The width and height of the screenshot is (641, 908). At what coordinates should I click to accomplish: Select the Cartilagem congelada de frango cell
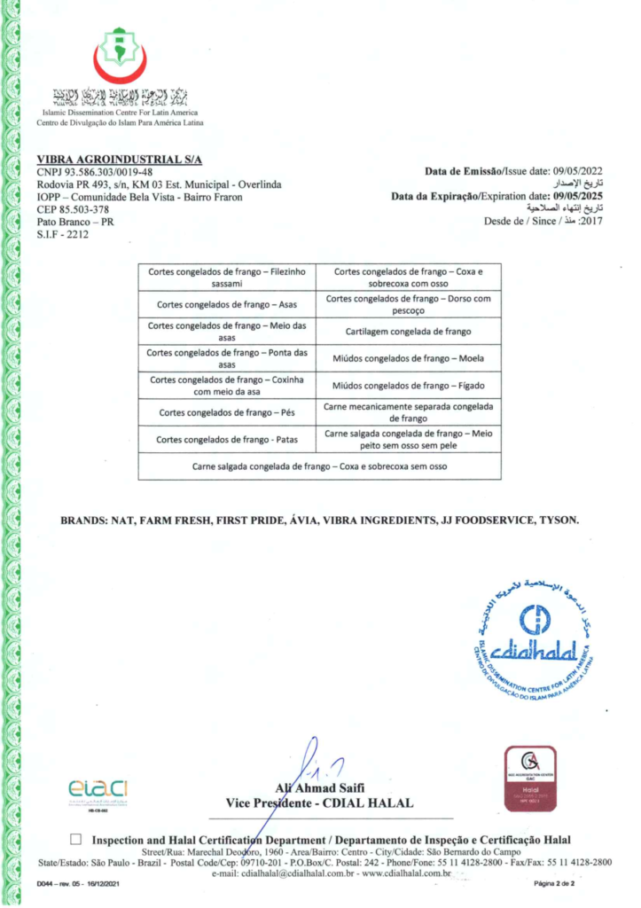pyautogui.click(x=408, y=331)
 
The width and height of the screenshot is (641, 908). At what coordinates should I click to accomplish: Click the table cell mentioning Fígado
pyautogui.click(x=408, y=386)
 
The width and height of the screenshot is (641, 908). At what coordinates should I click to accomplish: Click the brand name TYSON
pyautogui.click(x=559, y=521)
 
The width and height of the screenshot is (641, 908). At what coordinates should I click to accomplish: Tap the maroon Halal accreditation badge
pyautogui.click(x=530, y=776)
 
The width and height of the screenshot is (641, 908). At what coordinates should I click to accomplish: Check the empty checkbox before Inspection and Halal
pyautogui.click(x=75, y=839)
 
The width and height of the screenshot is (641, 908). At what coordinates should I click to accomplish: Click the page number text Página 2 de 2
pyautogui.click(x=554, y=884)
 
